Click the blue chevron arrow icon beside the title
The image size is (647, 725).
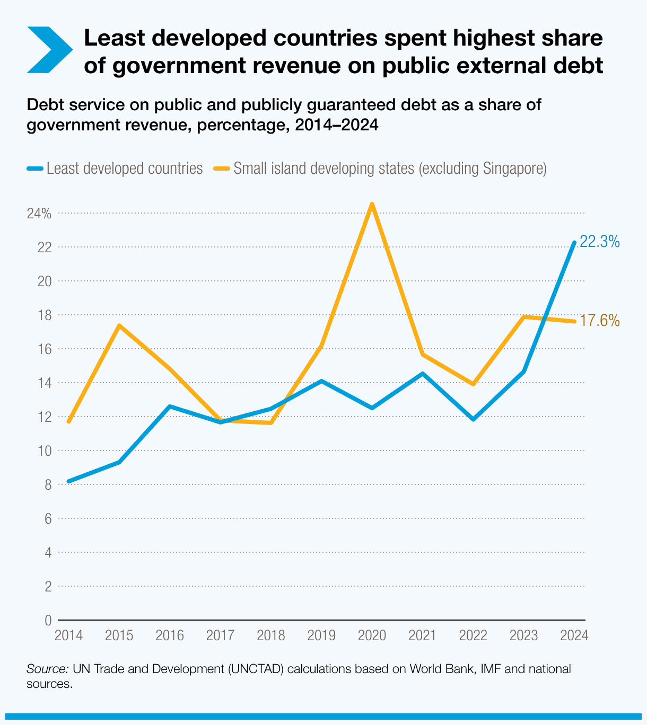[x=49, y=49]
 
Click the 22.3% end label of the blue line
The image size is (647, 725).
[x=599, y=242]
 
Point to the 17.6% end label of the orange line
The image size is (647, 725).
[x=599, y=321]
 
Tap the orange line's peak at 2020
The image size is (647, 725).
[x=372, y=204]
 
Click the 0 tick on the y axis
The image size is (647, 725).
[x=48, y=620]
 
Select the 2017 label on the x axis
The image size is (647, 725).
[x=221, y=635]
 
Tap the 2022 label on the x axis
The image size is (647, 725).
[x=473, y=635]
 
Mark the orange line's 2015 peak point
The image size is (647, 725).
[x=119, y=325]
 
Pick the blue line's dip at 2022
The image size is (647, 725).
[x=473, y=419]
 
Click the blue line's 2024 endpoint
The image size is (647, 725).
[x=574, y=243]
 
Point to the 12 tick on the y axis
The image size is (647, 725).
[x=45, y=417]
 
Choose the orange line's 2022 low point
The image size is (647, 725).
[x=473, y=384]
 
